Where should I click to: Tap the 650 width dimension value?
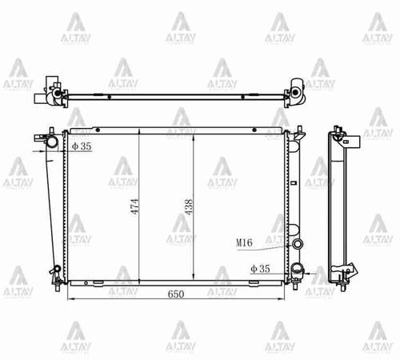pyautogui.click(x=176, y=294)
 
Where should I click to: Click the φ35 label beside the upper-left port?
pyautogui.click(x=81, y=146)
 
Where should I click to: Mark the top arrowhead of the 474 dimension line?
pyautogui.click(x=140, y=130)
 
